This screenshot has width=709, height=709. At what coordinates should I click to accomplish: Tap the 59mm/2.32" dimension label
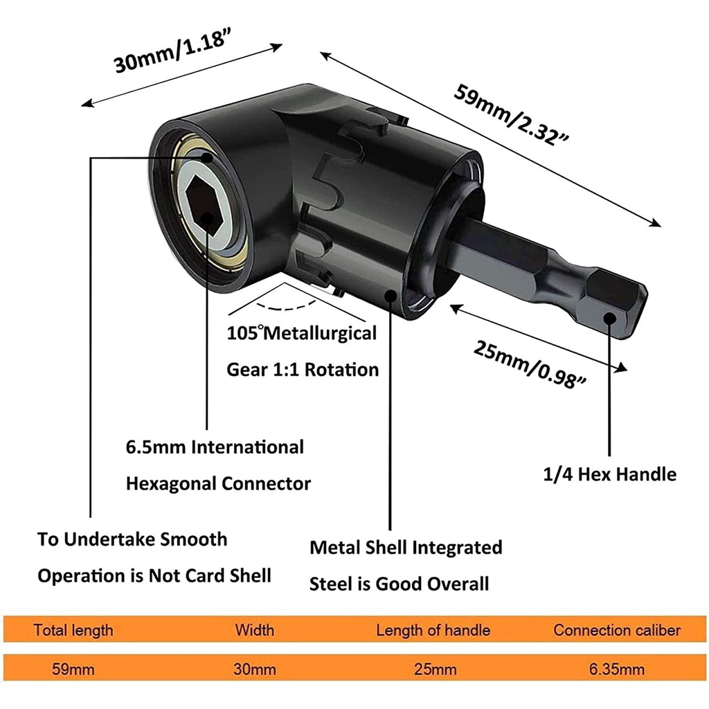511,115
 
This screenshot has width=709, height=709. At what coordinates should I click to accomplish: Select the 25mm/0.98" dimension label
530,364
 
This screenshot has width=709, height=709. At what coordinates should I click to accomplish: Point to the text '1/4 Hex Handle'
609,474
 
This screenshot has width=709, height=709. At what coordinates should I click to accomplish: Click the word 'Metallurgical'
320,334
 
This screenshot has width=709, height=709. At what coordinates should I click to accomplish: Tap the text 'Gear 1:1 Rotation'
303,370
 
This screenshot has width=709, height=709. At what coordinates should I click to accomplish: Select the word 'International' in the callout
247,447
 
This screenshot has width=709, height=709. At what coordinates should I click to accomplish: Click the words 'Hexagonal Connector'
218,484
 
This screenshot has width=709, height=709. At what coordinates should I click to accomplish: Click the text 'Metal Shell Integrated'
406,548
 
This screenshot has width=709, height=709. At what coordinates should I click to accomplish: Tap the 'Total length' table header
73,630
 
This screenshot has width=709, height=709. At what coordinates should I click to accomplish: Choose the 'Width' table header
255,630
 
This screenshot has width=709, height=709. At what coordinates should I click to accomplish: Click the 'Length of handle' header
433,630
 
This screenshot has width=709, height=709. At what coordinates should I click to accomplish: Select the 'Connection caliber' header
617,630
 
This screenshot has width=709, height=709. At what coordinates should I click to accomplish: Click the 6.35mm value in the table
617,669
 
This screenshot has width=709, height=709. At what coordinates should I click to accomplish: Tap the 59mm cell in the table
73,669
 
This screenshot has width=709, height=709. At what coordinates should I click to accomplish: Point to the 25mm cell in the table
435,669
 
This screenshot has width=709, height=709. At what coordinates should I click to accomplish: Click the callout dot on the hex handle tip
610,318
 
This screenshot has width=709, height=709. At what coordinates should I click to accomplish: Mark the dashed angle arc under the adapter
287,308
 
